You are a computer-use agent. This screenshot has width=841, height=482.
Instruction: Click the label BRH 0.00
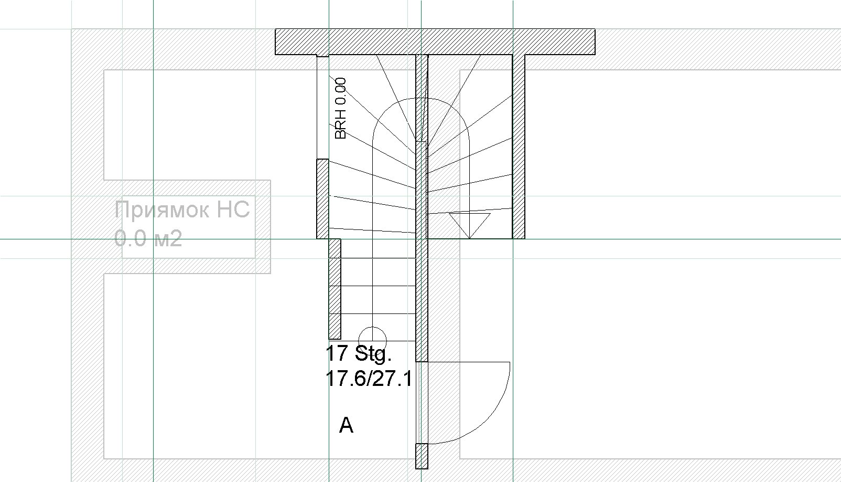click(x=340, y=108)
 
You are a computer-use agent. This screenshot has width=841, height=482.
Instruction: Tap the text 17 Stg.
click(x=359, y=353)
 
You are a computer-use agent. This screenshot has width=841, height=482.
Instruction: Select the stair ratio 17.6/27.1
click(x=369, y=378)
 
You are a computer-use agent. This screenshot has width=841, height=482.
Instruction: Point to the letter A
click(x=346, y=425)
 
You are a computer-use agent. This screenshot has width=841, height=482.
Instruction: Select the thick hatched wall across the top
click(x=435, y=41)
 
